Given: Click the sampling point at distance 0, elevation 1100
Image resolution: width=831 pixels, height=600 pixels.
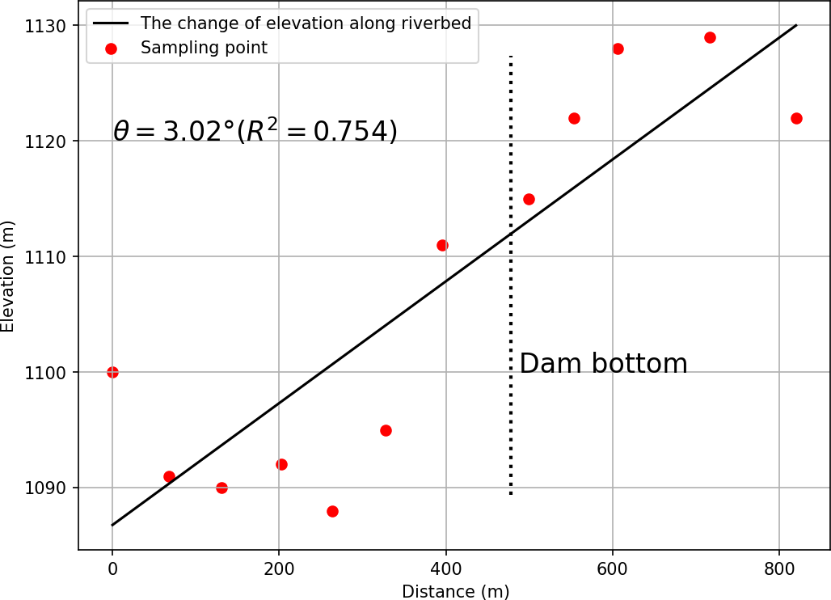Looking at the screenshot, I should tap(112, 372).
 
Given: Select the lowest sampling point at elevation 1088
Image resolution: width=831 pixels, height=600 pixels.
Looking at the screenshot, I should tap(332, 511).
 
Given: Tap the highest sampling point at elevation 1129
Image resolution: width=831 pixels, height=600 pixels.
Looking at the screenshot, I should tap(710, 37).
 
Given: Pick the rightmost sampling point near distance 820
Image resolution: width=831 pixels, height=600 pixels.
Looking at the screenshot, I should tap(796, 118).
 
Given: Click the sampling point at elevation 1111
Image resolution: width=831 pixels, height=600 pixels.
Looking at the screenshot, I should tap(442, 245).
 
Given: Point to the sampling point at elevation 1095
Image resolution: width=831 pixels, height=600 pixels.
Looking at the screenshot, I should tap(386, 430).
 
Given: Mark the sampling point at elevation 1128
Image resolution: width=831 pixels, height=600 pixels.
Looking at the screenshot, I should tap(618, 49).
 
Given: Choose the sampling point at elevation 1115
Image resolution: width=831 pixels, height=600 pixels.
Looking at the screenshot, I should tap(529, 199).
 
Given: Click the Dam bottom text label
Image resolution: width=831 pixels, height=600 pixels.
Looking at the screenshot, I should tap(603, 364).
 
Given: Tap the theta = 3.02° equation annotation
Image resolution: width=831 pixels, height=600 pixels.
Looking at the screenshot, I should tap(255, 131).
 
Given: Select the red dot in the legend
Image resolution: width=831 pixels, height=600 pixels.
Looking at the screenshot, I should tap(112, 49).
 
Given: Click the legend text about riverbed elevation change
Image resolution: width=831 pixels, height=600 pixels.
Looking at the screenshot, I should tap(306, 23).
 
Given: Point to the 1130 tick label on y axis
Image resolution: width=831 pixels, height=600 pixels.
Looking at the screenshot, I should tap(50, 26).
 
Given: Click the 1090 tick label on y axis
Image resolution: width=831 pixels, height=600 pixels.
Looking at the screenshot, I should tap(50, 488).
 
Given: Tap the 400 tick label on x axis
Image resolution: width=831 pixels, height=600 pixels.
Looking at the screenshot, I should tap(445, 567).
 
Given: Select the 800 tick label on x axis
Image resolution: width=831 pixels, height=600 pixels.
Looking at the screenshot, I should tap(779, 567).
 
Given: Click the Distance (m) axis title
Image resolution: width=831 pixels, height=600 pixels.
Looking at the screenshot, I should tap(455, 592).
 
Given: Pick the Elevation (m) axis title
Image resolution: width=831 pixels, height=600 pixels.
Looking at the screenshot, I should tap(9, 275).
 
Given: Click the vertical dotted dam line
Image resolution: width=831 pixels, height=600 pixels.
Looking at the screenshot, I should tap(511, 275).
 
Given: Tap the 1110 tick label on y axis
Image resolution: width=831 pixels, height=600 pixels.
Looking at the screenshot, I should tap(50, 257).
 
